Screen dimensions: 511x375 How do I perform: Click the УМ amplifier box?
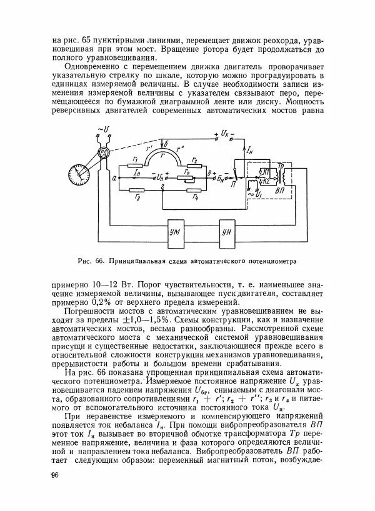click(x=176, y=232)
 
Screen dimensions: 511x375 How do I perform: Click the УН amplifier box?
click(x=229, y=232)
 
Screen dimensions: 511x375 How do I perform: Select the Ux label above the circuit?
click(x=226, y=134)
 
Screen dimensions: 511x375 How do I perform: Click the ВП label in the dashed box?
click(x=280, y=189)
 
